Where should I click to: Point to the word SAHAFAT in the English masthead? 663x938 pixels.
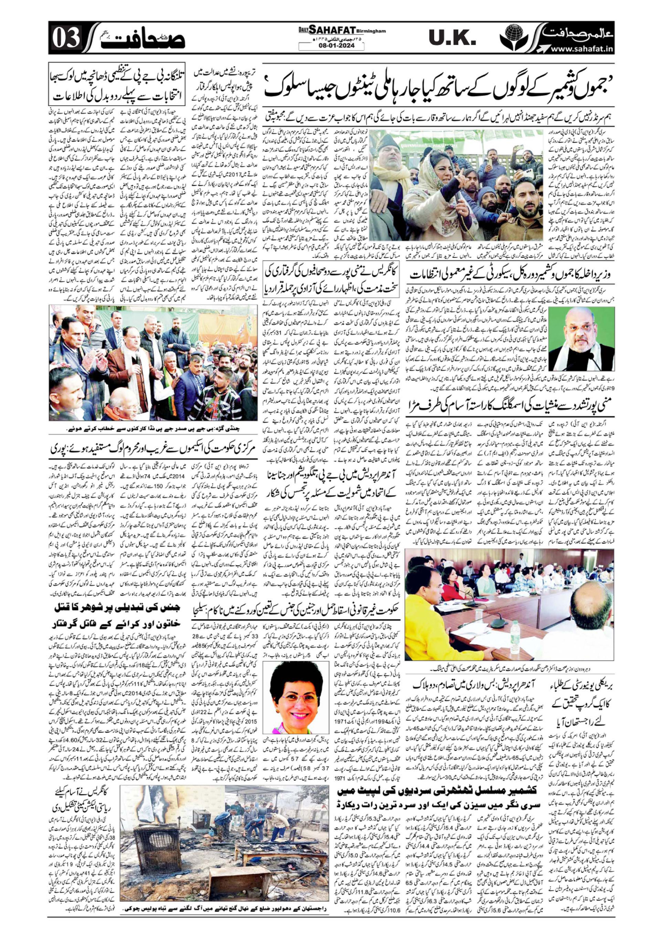(x=330, y=30)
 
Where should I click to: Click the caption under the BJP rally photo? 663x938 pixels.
(x=155, y=430)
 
